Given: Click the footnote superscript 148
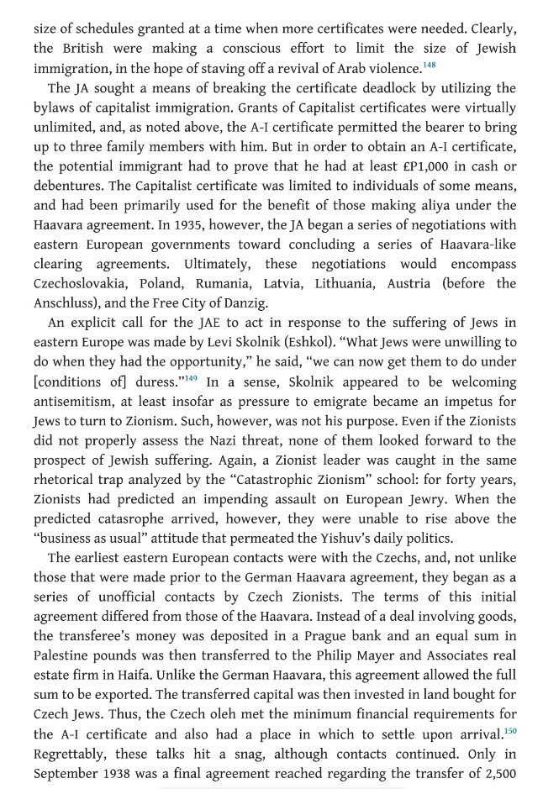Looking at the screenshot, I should pos(429,66).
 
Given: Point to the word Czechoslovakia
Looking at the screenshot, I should pos(80,283).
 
